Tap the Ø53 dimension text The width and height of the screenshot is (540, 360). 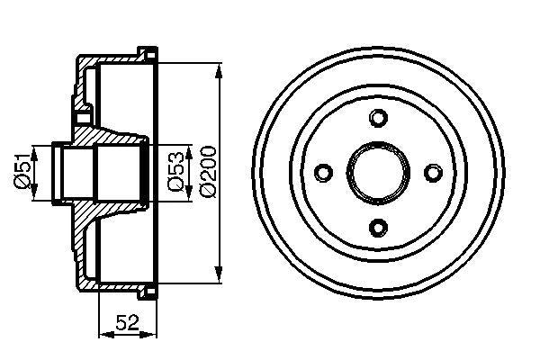[x=176, y=171]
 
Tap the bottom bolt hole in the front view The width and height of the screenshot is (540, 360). [x=379, y=226]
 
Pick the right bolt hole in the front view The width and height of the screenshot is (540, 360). [x=433, y=172]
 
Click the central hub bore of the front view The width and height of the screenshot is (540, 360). [x=379, y=172]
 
